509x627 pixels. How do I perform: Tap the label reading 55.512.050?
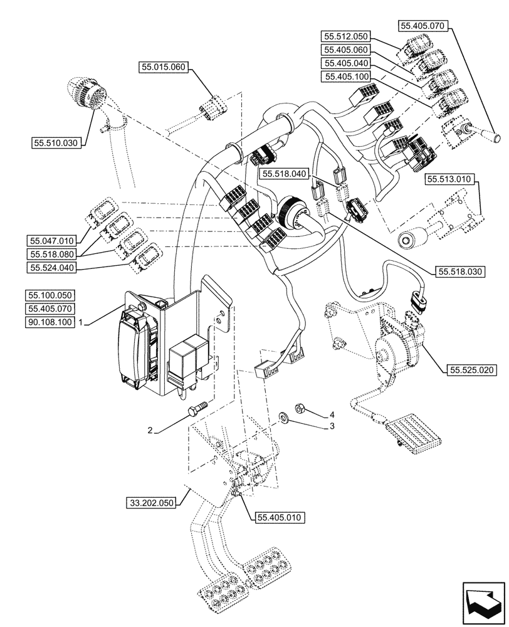347,36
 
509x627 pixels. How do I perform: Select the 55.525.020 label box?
472,371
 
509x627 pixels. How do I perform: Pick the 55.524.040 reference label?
51,268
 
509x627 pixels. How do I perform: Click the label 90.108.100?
51,322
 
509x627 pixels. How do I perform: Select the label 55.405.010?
279,518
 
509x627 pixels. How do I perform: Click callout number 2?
150,431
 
